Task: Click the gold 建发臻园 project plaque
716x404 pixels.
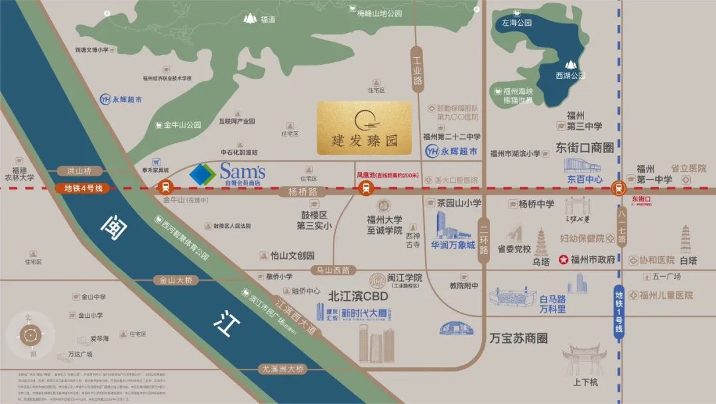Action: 364,128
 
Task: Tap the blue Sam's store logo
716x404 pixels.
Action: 202,174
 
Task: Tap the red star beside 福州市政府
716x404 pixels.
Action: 564,259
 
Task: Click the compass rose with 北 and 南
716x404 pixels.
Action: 29,335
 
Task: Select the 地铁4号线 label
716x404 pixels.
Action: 83,189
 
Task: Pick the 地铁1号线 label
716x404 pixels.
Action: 619,311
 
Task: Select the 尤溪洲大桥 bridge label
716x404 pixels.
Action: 282,369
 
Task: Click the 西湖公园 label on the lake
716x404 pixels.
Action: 569,76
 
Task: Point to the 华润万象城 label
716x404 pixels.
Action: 453,245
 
